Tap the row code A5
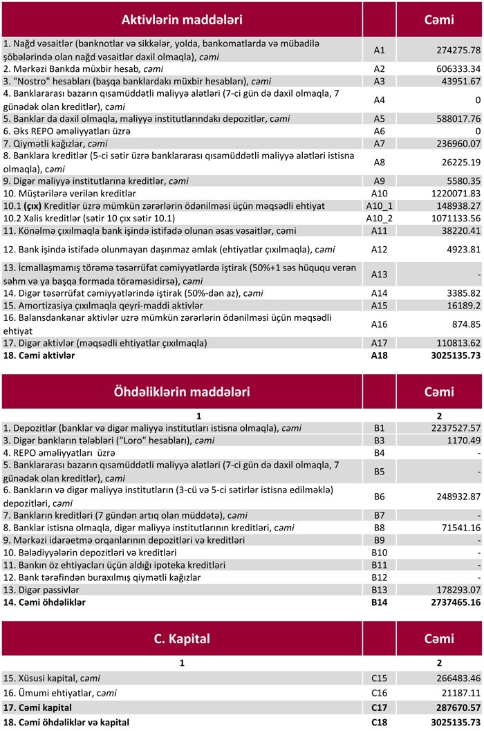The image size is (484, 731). (379, 118)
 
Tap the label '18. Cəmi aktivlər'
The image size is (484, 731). (39, 355)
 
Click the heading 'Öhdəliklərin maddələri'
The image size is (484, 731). (181, 392)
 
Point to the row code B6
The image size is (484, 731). (379, 497)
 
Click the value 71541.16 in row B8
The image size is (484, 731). (454, 528)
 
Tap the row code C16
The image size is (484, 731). (379, 692)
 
